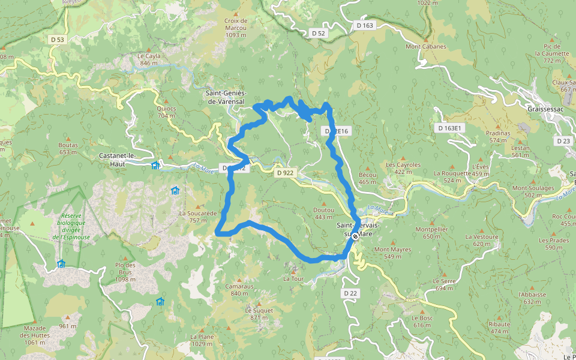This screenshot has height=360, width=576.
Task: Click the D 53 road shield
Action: tap(57, 39)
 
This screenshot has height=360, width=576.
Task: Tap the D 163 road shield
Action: tap(364, 25)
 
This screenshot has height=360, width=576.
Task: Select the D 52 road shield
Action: tap(318, 34)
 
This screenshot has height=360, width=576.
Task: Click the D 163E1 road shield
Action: tap(449, 128)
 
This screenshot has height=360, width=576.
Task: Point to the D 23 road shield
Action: tap(563, 141)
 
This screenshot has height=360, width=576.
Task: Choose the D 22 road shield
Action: tap(351, 293)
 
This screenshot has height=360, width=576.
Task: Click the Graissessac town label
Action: tap(544, 110)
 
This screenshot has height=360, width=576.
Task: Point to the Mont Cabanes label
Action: tap(426, 46)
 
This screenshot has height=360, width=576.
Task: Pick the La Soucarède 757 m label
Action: tap(197, 216)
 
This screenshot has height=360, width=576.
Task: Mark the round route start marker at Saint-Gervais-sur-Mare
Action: tap(355, 236)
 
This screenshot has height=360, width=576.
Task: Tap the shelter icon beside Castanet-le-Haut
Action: tap(155, 166)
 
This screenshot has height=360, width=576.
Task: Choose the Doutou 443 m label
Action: tap(323, 213)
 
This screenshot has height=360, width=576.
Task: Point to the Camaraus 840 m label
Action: tap(237, 290)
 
